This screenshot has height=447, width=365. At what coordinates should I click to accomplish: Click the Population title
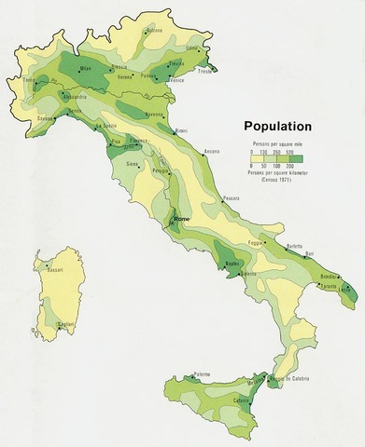[x=277, y=126]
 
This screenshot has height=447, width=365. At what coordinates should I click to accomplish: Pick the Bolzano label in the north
[x=155, y=30]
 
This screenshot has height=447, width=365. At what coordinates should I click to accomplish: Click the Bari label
[x=309, y=253]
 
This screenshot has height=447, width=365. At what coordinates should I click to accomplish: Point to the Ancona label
[x=212, y=150]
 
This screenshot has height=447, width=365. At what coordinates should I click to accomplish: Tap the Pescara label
[x=231, y=197]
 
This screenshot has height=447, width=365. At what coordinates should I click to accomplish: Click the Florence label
[x=139, y=140]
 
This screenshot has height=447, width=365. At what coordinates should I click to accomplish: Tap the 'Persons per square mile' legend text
[x=277, y=144]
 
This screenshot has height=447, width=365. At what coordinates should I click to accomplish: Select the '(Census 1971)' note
[x=277, y=178]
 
